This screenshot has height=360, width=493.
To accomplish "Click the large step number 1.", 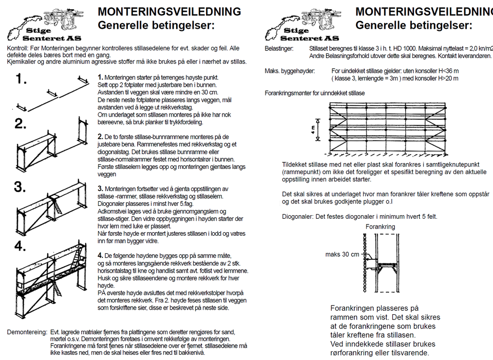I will tap(21, 79).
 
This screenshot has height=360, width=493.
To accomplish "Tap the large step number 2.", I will tap(21, 123).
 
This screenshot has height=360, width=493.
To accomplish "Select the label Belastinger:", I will tap(279, 48).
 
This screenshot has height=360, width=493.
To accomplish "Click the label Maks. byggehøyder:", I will tap(290, 71).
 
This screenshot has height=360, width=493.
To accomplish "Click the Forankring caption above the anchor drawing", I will tap(380, 226).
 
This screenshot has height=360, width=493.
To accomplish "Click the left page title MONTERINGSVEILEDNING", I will tap(169, 12).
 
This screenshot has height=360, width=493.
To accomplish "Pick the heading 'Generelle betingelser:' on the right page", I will tap(414, 25).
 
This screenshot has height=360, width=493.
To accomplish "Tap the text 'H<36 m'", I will tap(446, 71).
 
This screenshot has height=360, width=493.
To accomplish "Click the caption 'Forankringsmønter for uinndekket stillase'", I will tap(315, 93).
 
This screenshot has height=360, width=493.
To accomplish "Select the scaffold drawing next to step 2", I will tap(51, 141).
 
